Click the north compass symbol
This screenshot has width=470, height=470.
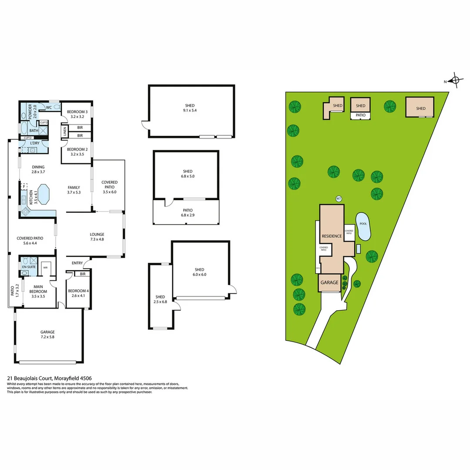pyautogui.click(x=455, y=81)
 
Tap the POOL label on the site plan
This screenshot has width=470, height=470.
pyautogui.click(x=363, y=224)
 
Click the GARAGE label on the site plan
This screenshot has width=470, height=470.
pyautogui.click(x=329, y=282)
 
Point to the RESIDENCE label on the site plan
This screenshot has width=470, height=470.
pyautogui.click(x=332, y=236)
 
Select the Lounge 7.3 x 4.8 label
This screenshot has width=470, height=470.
pyautogui.click(x=97, y=237)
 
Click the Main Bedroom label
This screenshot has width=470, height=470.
pyautogui.click(x=44, y=289)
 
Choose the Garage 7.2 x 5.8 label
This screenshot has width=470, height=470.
pyautogui.click(x=48, y=334)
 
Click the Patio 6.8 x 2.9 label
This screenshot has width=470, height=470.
pyautogui.click(x=187, y=213)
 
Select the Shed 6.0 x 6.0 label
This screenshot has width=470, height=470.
pyautogui.click(x=200, y=272)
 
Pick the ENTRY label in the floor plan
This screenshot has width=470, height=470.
pyautogui.click(x=77, y=263)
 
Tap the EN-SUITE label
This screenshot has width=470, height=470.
pyautogui.click(x=29, y=266)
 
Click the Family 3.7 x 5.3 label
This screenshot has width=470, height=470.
pyautogui.click(x=74, y=190)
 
